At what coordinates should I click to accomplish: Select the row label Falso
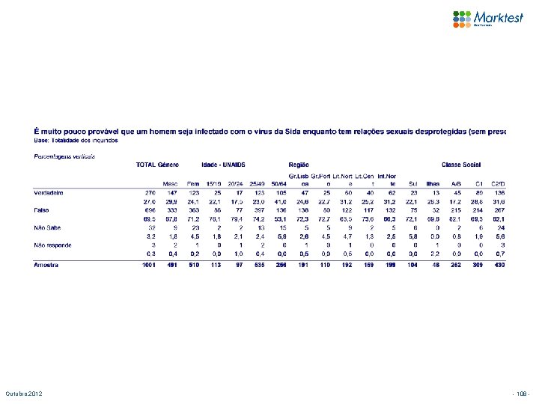click(43, 211)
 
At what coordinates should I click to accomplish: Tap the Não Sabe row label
click(48, 227)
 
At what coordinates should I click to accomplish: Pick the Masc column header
click(171, 183)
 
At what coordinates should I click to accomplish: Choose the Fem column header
click(194, 183)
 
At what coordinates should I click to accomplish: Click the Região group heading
click(299, 165)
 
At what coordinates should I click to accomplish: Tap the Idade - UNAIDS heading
click(223, 165)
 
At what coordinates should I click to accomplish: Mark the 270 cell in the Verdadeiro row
click(150, 192)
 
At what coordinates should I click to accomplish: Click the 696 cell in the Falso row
click(150, 211)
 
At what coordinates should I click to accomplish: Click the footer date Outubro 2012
click(22, 394)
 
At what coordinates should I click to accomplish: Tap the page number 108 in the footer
click(521, 394)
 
